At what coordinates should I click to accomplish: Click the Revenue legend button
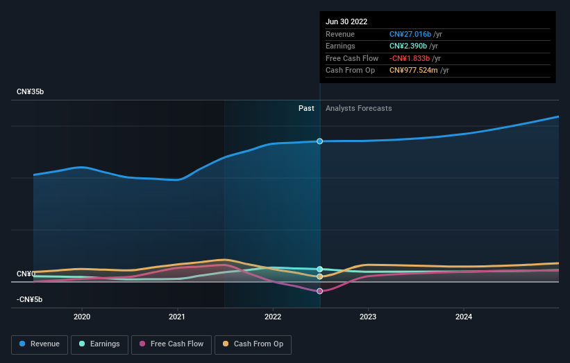(x=40, y=344)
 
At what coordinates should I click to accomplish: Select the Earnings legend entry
(x=99, y=344)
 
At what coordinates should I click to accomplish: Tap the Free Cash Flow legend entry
(x=171, y=344)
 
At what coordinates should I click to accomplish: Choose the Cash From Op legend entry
(x=253, y=344)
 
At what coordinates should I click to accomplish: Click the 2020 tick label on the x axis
(x=82, y=317)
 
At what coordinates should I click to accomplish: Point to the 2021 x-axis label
(x=177, y=317)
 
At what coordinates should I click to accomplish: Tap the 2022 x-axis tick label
(x=273, y=317)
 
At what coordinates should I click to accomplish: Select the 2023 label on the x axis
(x=368, y=317)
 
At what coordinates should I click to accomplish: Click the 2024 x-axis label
(x=464, y=317)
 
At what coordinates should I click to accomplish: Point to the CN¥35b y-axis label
(x=30, y=91)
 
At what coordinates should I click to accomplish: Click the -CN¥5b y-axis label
(x=29, y=299)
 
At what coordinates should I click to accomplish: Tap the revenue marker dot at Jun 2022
(x=319, y=141)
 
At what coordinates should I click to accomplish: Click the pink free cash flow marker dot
(x=319, y=291)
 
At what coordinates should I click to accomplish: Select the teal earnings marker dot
(x=319, y=269)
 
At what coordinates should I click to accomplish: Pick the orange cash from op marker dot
(x=319, y=276)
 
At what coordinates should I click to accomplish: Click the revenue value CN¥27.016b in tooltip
(x=410, y=34)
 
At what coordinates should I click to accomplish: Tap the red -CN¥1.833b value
(x=410, y=58)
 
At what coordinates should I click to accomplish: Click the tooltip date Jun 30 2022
(x=346, y=21)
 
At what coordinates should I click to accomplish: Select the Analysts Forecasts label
(x=359, y=108)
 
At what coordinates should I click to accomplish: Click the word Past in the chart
(x=306, y=108)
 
